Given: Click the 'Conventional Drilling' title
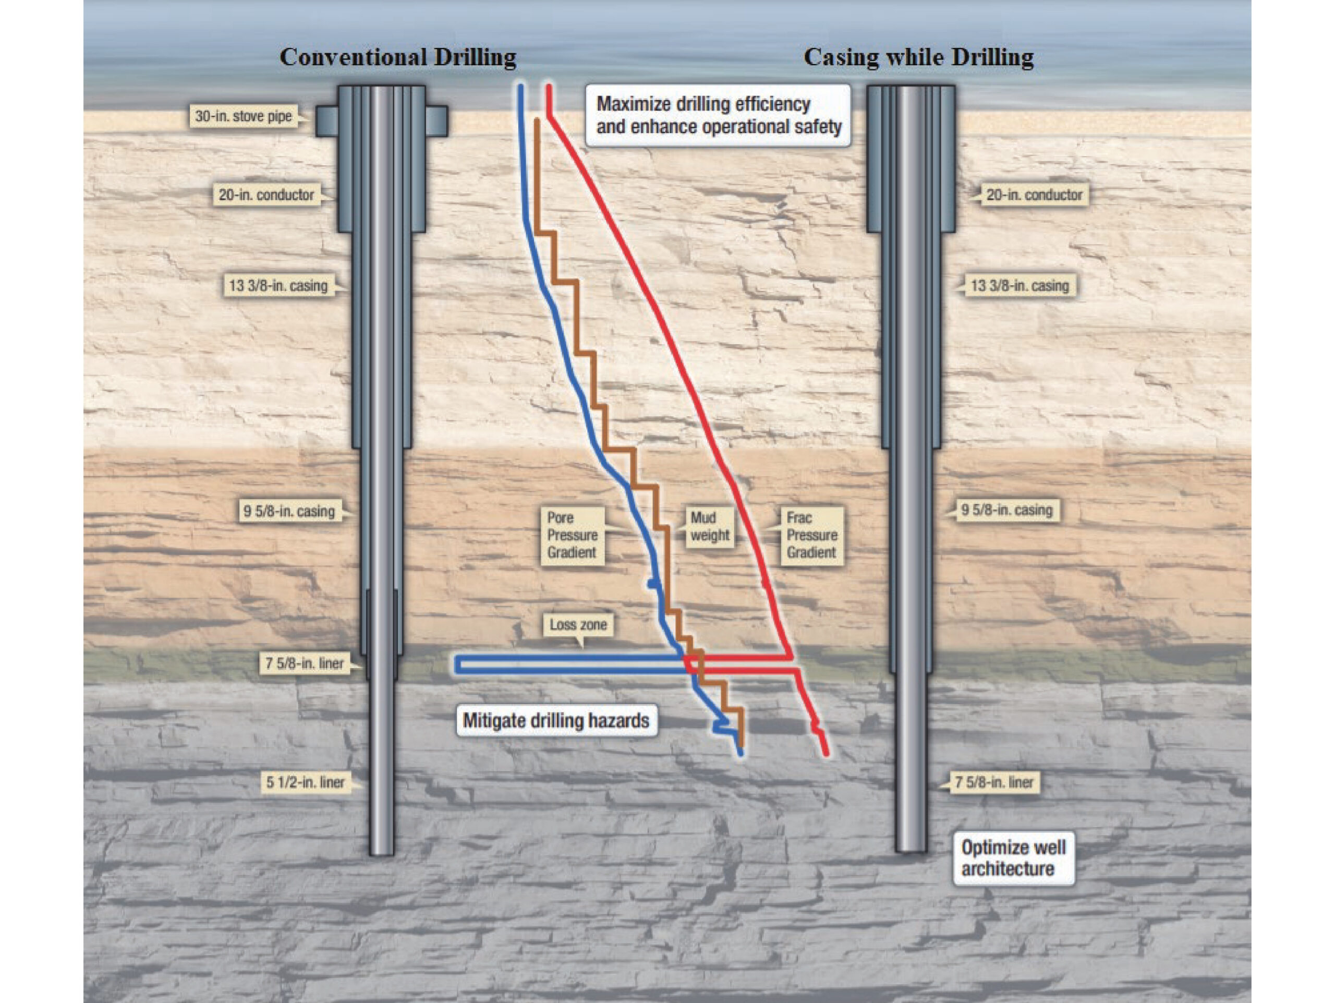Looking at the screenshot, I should click(x=398, y=57).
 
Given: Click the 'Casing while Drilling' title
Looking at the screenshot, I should click(x=918, y=57).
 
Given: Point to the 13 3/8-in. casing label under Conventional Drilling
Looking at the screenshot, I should click(x=278, y=285).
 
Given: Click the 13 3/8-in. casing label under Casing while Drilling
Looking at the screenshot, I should click(x=1020, y=285).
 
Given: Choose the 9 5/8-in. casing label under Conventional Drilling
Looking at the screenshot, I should click(x=288, y=512).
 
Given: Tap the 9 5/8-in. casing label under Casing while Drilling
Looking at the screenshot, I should click(x=1006, y=511).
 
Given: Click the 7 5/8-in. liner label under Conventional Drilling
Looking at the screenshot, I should click(x=305, y=664).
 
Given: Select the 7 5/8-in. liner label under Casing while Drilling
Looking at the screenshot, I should click(x=994, y=783).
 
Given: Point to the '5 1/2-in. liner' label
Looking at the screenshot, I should click(x=306, y=783).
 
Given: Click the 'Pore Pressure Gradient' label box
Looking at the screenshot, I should click(x=572, y=535).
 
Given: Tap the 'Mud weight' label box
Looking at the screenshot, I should click(x=710, y=527).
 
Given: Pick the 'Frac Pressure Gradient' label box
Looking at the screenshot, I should click(x=812, y=535).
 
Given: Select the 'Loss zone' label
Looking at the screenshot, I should click(x=578, y=625).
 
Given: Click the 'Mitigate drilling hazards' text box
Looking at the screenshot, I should click(x=556, y=721).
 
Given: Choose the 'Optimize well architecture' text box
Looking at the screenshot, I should click(x=1013, y=858).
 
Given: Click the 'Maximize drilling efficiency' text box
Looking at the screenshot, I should click(x=718, y=115).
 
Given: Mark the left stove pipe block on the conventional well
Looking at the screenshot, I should click(x=326, y=120).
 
